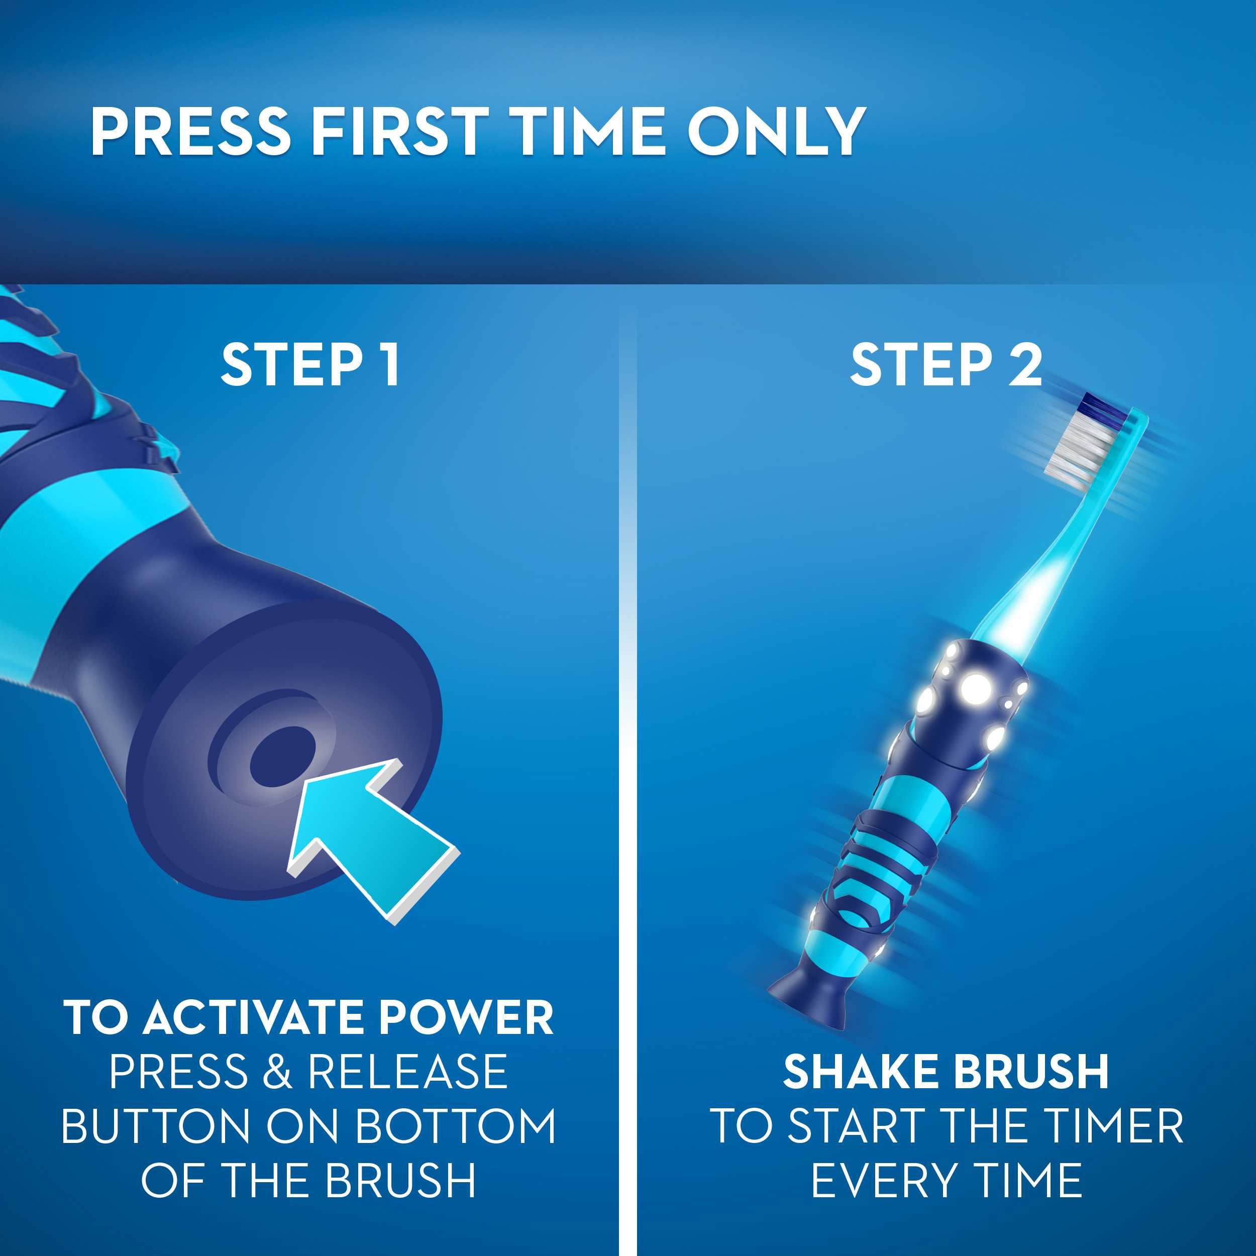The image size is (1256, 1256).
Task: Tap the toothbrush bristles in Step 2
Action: tap(1076, 445)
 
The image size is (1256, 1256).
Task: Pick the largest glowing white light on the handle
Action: tap(975, 687)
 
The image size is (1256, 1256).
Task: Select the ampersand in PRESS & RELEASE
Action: tap(278, 1072)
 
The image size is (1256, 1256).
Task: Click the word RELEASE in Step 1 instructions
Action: tap(407, 1072)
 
